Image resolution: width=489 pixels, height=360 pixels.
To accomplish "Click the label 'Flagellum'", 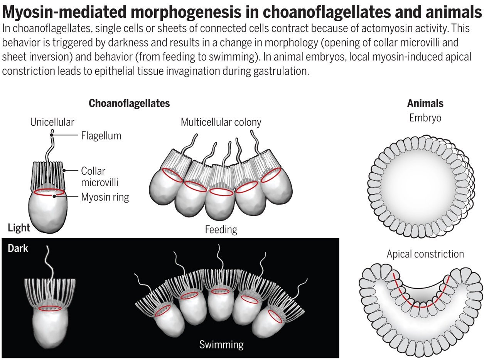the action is point(101,136).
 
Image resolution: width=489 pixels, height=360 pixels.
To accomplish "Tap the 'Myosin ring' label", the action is point(105,197).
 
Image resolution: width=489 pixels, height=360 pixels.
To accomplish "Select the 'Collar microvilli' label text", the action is point(100,177).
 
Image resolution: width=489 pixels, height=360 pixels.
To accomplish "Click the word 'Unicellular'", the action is point(52,122).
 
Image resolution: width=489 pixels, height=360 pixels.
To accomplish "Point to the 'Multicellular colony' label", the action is point(221,122).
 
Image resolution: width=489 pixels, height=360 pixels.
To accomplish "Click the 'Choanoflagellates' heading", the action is point(129,103).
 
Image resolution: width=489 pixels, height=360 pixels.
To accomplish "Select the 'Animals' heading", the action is point(425,103).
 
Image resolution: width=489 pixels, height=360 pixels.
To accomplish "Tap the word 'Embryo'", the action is point(425,118).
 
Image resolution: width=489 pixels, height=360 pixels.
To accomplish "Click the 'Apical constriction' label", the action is point(425,254).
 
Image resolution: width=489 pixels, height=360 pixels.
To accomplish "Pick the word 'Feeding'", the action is point(221,230).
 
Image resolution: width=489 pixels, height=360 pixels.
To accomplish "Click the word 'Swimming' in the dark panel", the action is point(221,345).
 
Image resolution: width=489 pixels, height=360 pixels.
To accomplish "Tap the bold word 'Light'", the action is point(19,228).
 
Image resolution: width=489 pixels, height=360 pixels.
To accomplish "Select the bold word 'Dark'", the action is point(18,248).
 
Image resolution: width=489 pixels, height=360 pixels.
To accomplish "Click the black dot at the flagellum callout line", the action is point(52,135).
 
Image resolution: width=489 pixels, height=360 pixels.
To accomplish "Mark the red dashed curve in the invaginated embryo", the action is point(422,307).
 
